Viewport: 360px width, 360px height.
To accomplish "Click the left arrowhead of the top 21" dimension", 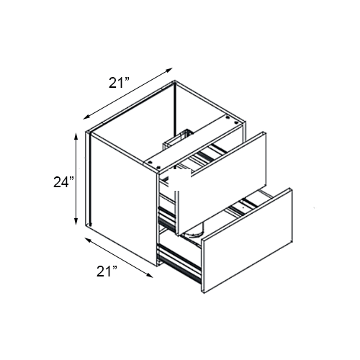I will tap(86, 116).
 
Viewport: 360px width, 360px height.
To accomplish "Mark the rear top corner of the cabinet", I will tap(176, 84).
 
